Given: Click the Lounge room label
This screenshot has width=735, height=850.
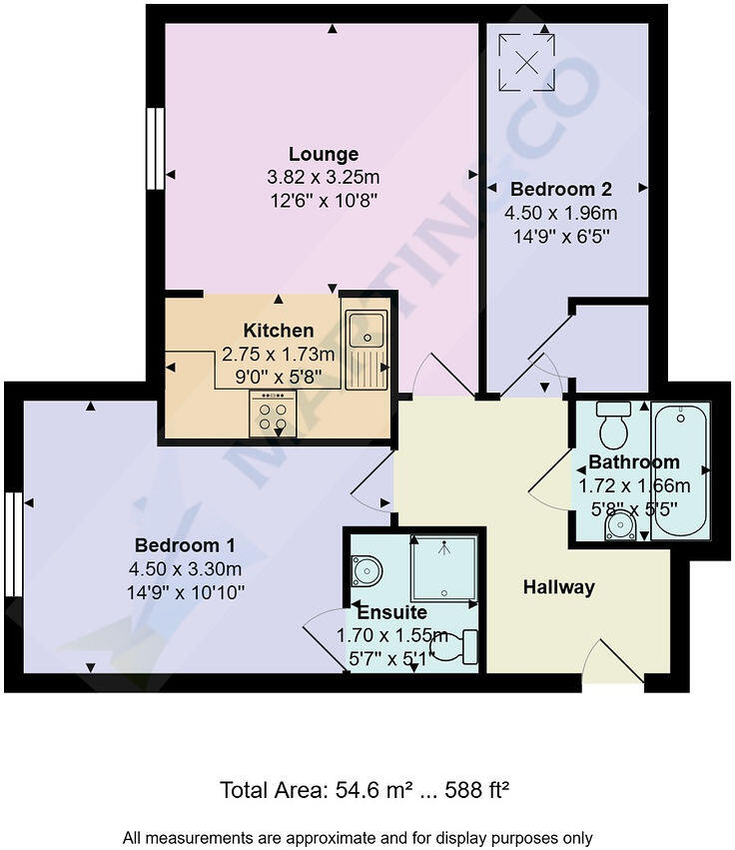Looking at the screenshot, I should click(x=323, y=154).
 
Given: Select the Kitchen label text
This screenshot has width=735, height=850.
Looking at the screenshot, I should click(x=278, y=331).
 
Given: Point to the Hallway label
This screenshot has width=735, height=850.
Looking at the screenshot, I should click(x=558, y=587).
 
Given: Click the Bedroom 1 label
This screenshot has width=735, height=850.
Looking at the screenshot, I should click(x=184, y=545).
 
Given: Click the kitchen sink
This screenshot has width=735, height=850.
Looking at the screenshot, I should click(x=367, y=350).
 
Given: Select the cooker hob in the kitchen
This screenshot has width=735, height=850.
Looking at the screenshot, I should click(x=273, y=413).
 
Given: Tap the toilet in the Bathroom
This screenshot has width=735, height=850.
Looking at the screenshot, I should click(x=612, y=424).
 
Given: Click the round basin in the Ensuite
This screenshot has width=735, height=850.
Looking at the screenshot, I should click(x=366, y=570).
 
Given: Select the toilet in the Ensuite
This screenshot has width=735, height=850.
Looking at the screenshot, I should click(x=458, y=647).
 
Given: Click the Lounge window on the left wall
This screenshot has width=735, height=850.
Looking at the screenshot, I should click(x=155, y=148).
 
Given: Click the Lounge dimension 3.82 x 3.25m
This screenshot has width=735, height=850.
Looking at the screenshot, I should click(x=323, y=178).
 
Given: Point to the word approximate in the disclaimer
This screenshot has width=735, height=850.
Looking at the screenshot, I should click(x=336, y=837).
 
